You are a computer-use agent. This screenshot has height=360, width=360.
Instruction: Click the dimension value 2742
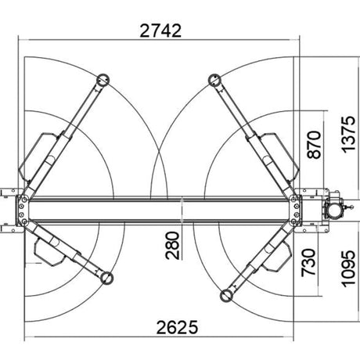pos(160,31)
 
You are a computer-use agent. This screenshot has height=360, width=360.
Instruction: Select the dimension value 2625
pos(177,327)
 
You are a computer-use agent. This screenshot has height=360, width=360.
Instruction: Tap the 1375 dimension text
pos(348,135)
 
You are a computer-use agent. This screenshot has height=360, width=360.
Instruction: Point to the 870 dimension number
pos(314,145)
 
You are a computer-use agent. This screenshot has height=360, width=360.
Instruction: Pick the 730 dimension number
pos(308,263)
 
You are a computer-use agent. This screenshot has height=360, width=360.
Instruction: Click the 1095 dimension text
pos(348,269)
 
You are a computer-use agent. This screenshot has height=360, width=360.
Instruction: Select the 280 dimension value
pos(173,246)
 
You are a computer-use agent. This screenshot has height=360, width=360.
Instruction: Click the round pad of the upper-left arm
pos(103,80)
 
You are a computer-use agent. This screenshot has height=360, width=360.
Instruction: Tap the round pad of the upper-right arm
pos(215,80)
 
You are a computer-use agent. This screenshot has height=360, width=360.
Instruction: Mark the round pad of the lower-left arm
pos(106,278)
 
